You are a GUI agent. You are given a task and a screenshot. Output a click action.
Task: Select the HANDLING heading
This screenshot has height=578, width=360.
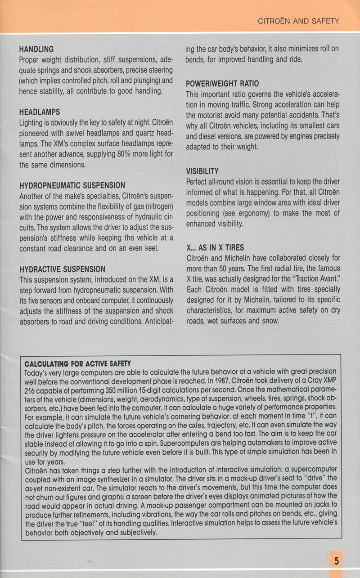pyautogui.click(x=36, y=49)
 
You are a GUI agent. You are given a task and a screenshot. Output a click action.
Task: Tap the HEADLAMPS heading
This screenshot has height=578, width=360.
pyautogui.click(x=40, y=112)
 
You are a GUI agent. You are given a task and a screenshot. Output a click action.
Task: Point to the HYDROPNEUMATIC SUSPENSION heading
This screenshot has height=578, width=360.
pyautogui.click(x=72, y=185)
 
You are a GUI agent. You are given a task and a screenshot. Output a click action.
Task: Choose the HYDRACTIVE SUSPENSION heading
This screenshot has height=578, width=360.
pyautogui.click(x=63, y=269)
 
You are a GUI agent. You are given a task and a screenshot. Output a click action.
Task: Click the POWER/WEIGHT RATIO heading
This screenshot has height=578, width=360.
pyautogui.click(x=222, y=84)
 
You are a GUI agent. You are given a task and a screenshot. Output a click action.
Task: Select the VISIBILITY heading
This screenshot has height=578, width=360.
pyautogui.click(x=202, y=171)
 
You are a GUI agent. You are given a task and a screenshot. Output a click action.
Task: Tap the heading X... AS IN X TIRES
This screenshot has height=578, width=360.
pyautogui.click(x=215, y=248)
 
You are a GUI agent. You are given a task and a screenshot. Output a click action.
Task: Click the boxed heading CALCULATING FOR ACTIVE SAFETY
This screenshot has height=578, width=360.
pyautogui.click(x=77, y=363)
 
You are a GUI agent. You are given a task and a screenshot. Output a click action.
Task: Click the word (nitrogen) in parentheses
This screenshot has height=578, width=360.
pyautogui.click(x=156, y=206)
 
